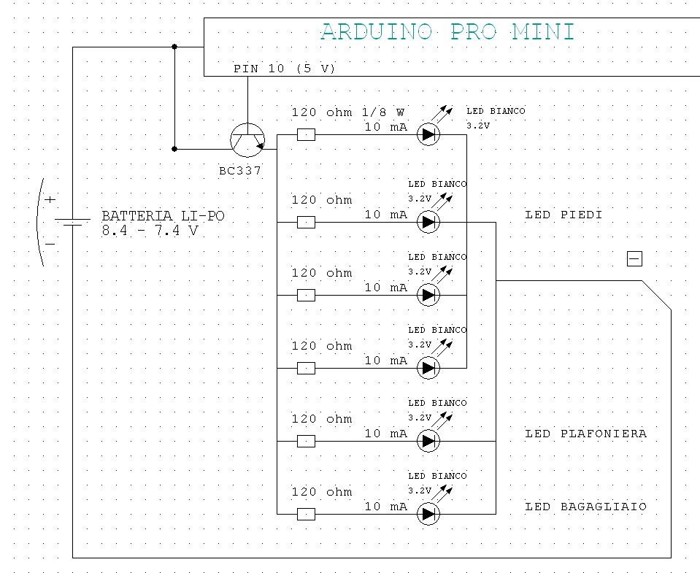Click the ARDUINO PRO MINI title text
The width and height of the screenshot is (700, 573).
point(447,32)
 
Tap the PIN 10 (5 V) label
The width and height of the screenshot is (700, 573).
point(284,69)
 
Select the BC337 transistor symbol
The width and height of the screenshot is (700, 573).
point(247,139)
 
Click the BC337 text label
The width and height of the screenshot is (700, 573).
point(240,171)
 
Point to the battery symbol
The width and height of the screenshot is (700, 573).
point(72,221)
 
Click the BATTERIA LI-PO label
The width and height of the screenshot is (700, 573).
point(163,216)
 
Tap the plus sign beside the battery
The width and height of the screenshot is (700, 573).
point(50,199)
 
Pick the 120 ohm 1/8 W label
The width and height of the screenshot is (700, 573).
point(347,112)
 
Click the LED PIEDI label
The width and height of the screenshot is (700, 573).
point(564,215)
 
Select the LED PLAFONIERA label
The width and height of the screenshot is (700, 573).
point(585,434)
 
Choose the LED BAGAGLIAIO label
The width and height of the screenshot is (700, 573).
point(585,507)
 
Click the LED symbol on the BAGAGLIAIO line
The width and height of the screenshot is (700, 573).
point(428,514)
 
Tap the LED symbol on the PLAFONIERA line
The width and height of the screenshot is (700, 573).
point(428,441)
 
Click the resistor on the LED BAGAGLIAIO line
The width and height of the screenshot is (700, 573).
point(307,514)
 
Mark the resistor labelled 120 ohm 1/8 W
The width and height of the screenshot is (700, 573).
point(307,134)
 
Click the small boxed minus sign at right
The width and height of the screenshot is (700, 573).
point(634,258)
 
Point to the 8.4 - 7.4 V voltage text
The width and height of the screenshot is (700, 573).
point(150,231)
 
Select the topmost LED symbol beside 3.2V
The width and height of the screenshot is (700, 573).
point(428,134)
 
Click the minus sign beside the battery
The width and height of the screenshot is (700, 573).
point(50,243)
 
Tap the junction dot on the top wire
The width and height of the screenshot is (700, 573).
point(174,47)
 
